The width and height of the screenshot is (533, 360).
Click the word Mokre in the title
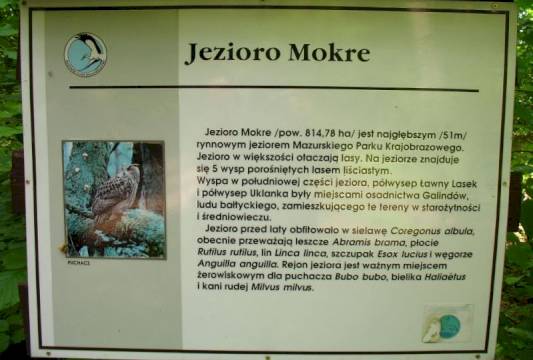[x=315, y=53]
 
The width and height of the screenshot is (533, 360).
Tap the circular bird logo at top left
[x=86, y=54]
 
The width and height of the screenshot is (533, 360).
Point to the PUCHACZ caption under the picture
[x=79, y=264]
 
